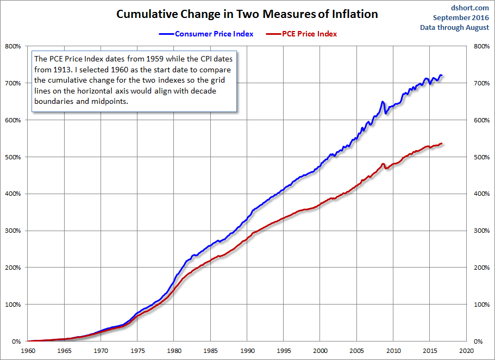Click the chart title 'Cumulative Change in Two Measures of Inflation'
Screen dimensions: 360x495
click(x=247, y=14)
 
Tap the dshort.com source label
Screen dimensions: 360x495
click(x=471, y=8)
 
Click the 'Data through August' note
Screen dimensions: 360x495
click(x=455, y=28)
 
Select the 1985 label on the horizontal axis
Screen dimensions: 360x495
click(x=210, y=351)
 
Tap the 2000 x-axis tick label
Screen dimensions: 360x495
click(x=320, y=351)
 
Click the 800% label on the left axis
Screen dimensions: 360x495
click(x=12, y=46)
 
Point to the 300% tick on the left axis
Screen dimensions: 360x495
click(x=12, y=231)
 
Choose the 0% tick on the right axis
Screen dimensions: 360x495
click(x=478, y=342)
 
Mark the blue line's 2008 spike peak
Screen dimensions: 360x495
click(x=383, y=102)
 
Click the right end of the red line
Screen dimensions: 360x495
click(x=442, y=144)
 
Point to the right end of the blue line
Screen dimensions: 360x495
click(x=442, y=75)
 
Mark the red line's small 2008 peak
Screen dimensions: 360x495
click(x=383, y=164)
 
